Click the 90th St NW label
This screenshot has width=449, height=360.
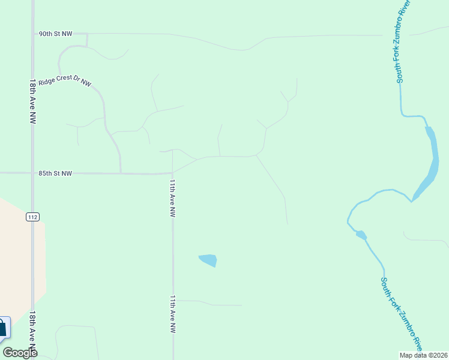pos(55,34)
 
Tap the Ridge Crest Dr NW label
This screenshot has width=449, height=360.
pos(65,81)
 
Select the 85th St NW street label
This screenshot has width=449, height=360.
pos(55,173)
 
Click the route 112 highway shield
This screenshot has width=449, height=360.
pos(32,217)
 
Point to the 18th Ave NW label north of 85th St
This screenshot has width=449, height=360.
pos(32,100)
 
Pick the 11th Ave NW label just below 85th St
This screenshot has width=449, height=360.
pos(172,198)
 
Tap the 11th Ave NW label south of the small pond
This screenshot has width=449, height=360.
pos(172,314)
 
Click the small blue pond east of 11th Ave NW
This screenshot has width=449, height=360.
pos(208,260)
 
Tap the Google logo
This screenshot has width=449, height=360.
pos(20,353)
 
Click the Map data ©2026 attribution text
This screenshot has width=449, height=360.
pos(423,355)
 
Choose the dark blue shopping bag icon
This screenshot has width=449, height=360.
pos(2,328)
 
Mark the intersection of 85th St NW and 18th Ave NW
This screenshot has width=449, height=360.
pos(32,173)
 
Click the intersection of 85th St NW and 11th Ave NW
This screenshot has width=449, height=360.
pos(173,173)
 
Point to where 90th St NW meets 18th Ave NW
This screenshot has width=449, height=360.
pos(32,34)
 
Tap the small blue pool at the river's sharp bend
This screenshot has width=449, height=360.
pos(361,234)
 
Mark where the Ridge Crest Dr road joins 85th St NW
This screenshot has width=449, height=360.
pos(121,173)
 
